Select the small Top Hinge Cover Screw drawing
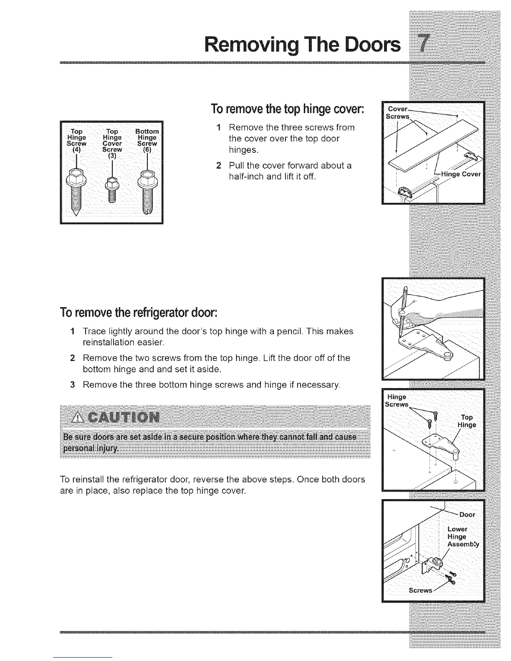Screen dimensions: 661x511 click(x=112, y=187)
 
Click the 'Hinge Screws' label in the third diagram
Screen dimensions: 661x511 click(x=397, y=400)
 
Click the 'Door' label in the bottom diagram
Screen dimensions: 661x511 click(x=466, y=514)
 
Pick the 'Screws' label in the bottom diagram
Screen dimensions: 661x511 click(x=420, y=590)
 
